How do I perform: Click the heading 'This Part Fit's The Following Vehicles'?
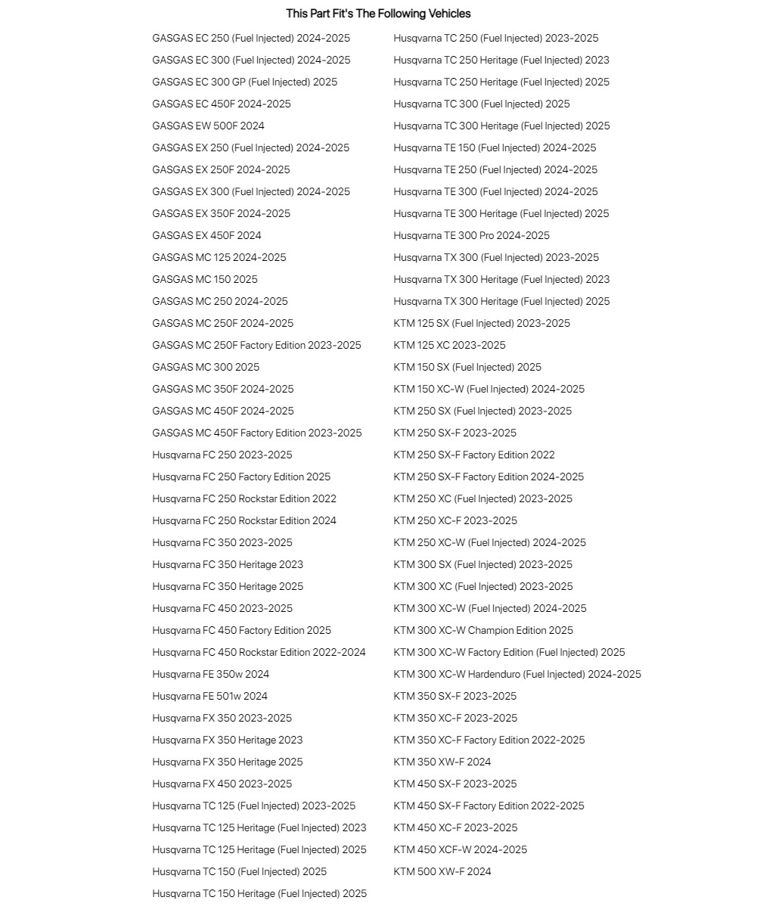click(x=378, y=14)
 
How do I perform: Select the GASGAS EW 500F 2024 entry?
click(x=208, y=126)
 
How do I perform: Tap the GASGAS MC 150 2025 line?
click(x=204, y=279)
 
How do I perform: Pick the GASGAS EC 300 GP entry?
click(x=244, y=82)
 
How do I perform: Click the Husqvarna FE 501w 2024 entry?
click(x=209, y=696)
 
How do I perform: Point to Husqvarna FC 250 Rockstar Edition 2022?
click(x=244, y=498)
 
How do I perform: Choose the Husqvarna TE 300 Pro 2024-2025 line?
click(x=471, y=235)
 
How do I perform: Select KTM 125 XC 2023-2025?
click(x=449, y=345)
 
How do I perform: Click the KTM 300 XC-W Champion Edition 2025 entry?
click(x=482, y=630)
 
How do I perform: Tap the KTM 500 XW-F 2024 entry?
click(x=442, y=871)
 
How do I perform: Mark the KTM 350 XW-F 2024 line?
click(x=442, y=762)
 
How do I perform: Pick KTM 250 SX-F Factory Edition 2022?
click(x=473, y=455)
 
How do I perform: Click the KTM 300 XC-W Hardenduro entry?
click(x=517, y=674)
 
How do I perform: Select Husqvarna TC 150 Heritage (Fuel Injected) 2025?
click(x=259, y=893)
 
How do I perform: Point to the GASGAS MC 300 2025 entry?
click(x=205, y=367)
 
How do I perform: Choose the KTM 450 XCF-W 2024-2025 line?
click(x=460, y=849)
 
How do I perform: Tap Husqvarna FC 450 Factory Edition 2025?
click(x=241, y=630)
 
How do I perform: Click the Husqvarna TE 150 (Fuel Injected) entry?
click(x=494, y=147)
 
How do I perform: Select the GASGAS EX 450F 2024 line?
click(x=206, y=235)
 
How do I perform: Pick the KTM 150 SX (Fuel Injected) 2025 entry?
click(x=467, y=367)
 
